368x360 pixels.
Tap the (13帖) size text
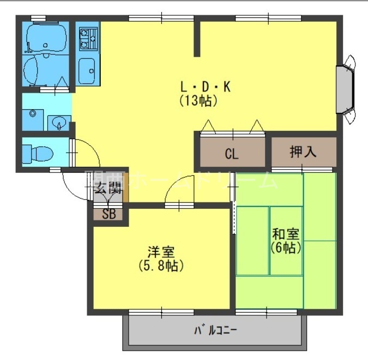[198, 101]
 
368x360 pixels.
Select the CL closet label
[232, 154]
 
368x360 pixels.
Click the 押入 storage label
[303, 151]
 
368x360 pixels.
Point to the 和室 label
[286, 235]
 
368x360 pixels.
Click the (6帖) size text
[286, 248]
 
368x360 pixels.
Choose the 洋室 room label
[161, 253]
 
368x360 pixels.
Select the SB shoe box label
[109, 213]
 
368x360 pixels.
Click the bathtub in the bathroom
[46, 37]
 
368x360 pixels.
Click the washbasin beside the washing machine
[58, 122]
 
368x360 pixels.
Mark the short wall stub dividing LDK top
[198, 38]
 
